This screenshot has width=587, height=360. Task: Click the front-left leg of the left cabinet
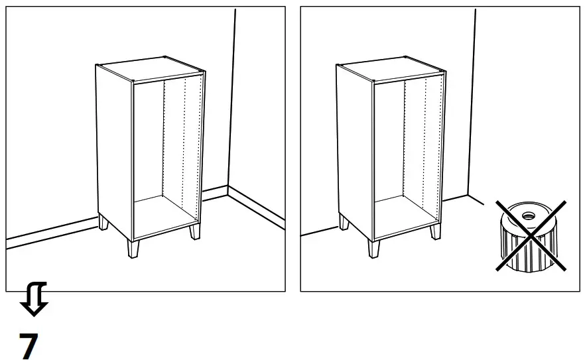[x=133, y=249]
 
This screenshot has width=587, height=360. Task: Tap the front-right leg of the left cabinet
[x=194, y=232]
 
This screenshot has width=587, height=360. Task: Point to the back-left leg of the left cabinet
[x=103, y=222]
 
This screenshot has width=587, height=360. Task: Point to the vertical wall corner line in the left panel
[x=231, y=99]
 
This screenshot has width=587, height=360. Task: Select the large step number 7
[x=29, y=345]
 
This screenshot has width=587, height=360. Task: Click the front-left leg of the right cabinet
[x=374, y=249]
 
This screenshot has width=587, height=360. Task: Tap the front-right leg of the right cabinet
[x=435, y=232]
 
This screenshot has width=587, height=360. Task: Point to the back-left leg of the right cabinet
[x=344, y=222]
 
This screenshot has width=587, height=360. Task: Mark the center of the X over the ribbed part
[x=531, y=235]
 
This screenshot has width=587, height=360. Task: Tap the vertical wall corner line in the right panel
[x=472, y=99]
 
